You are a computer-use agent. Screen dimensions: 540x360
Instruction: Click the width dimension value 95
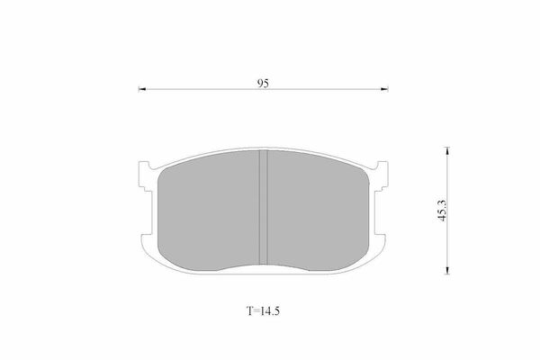point(263,83)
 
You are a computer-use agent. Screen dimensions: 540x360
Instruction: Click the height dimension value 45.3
point(442,211)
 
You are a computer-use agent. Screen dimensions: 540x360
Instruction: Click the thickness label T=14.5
point(264,311)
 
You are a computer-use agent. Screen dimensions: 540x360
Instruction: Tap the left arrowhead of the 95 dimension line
point(142,89)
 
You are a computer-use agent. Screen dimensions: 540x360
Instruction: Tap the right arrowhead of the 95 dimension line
point(384,89)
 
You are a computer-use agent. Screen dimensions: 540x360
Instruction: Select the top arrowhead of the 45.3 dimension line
point(447,150)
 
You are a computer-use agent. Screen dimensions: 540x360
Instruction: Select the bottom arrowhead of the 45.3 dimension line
point(447,270)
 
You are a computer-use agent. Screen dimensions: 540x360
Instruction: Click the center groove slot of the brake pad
point(263,207)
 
